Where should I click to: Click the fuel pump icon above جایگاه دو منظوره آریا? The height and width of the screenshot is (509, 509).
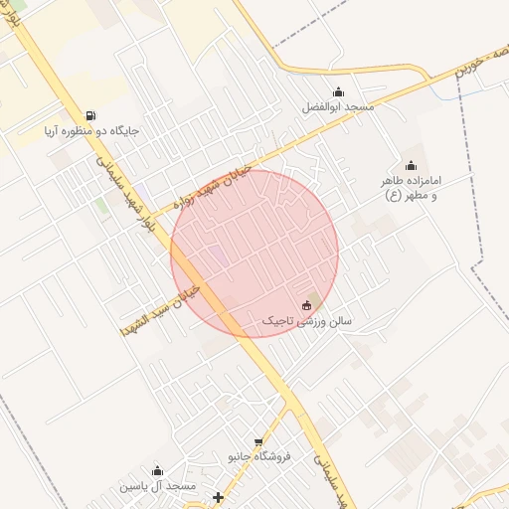tap(91, 115)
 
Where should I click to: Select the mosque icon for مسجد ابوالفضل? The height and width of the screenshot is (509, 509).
tap(339, 91)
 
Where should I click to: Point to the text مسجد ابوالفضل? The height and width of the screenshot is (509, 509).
tap(340, 107)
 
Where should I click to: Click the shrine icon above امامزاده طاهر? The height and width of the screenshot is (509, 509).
tap(411, 165)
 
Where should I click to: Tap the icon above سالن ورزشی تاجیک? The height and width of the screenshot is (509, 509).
tap(306, 305)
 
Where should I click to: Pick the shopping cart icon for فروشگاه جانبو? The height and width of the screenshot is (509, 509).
tap(259, 441)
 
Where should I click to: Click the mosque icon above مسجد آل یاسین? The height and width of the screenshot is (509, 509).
tap(156, 471)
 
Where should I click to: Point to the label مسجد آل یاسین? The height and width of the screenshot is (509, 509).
tap(157, 486)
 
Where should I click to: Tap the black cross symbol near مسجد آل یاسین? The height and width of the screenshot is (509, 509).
tap(218, 496)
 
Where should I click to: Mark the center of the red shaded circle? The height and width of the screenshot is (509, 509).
tap(254, 254)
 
